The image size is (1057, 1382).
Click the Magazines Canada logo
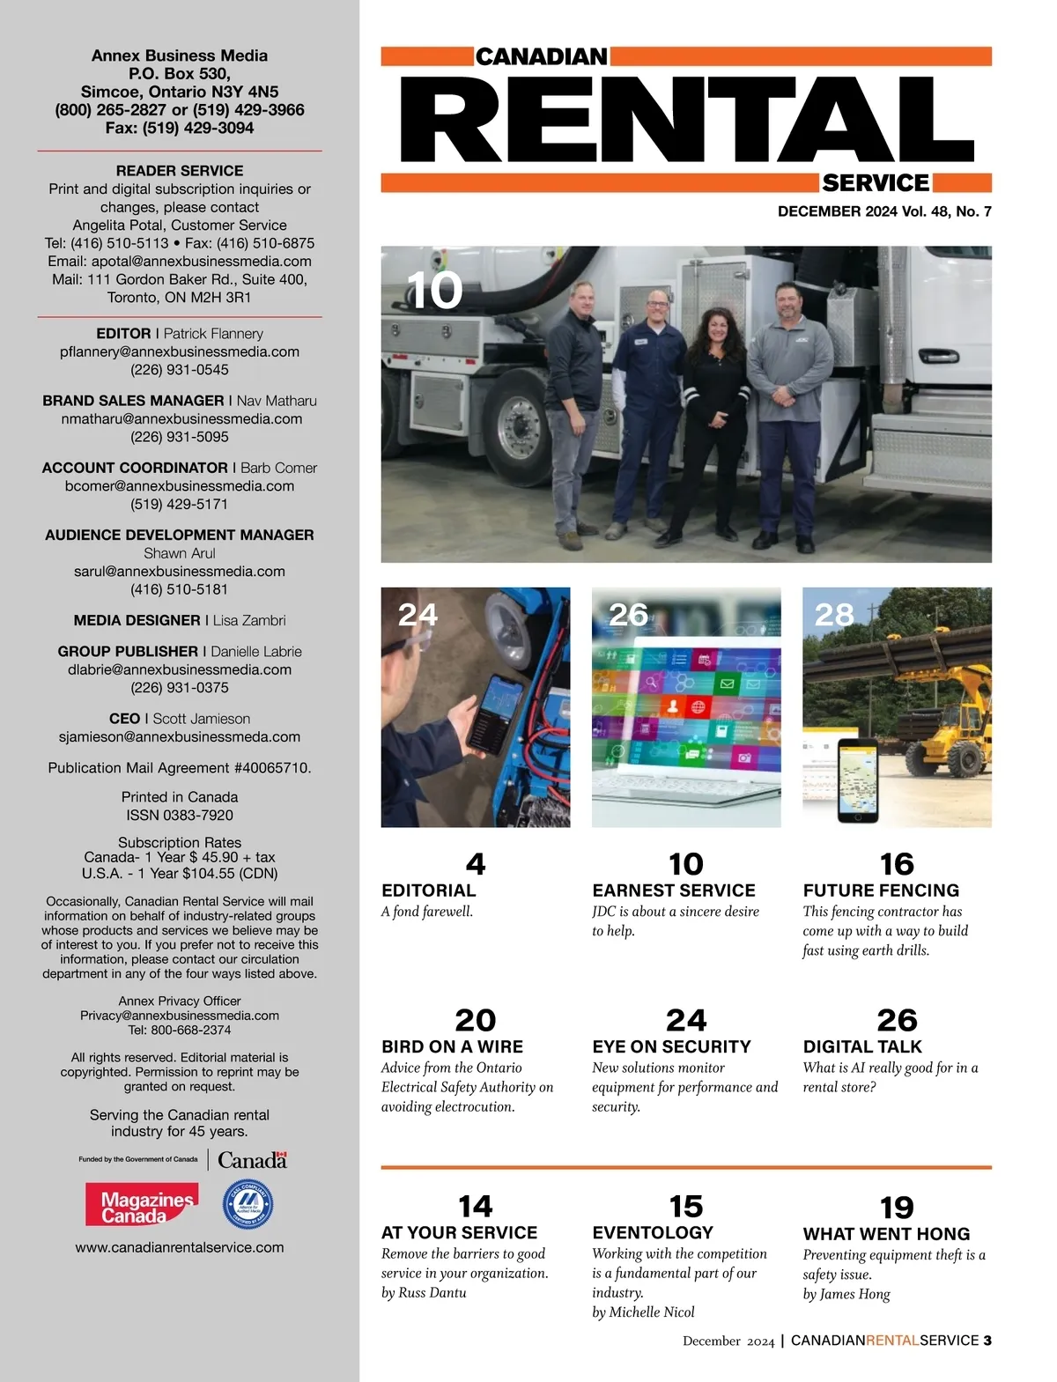click(x=141, y=1205)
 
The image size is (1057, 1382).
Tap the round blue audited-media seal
click(x=248, y=1205)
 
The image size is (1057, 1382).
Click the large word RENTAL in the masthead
click(x=687, y=120)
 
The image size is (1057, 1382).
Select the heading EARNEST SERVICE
click(x=674, y=891)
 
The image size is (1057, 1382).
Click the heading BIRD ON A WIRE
click(x=452, y=1046)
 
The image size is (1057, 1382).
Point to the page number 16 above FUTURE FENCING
click(x=897, y=863)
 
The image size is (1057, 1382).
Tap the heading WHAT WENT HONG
click(x=886, y=1234)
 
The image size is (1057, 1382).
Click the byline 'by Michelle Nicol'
click(x=643, y=1312)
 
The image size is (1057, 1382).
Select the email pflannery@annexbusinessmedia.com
click(x=180, y=351)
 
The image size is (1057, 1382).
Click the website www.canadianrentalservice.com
click(x=180, y=1247)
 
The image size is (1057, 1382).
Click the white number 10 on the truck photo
click(x=435, y=290)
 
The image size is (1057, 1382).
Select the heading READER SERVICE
click(x=180, y=171)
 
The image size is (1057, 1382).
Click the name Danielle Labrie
click(x=256, y=652)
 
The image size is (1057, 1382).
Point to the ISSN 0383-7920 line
click(x=180, y=816)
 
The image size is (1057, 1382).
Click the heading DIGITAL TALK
click(x=862, y=1046)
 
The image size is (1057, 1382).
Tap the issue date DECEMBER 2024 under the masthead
click(x=836, y=211)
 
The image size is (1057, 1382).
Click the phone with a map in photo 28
click(x=858, y=780)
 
